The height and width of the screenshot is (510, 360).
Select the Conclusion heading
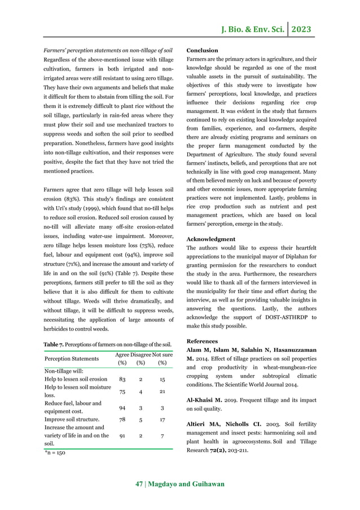202,50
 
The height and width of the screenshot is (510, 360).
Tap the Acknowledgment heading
210,239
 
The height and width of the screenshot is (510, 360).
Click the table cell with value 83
122,379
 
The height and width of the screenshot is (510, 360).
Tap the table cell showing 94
122,407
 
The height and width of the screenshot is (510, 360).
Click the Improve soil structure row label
72,420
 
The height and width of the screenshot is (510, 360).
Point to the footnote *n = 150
55,453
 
